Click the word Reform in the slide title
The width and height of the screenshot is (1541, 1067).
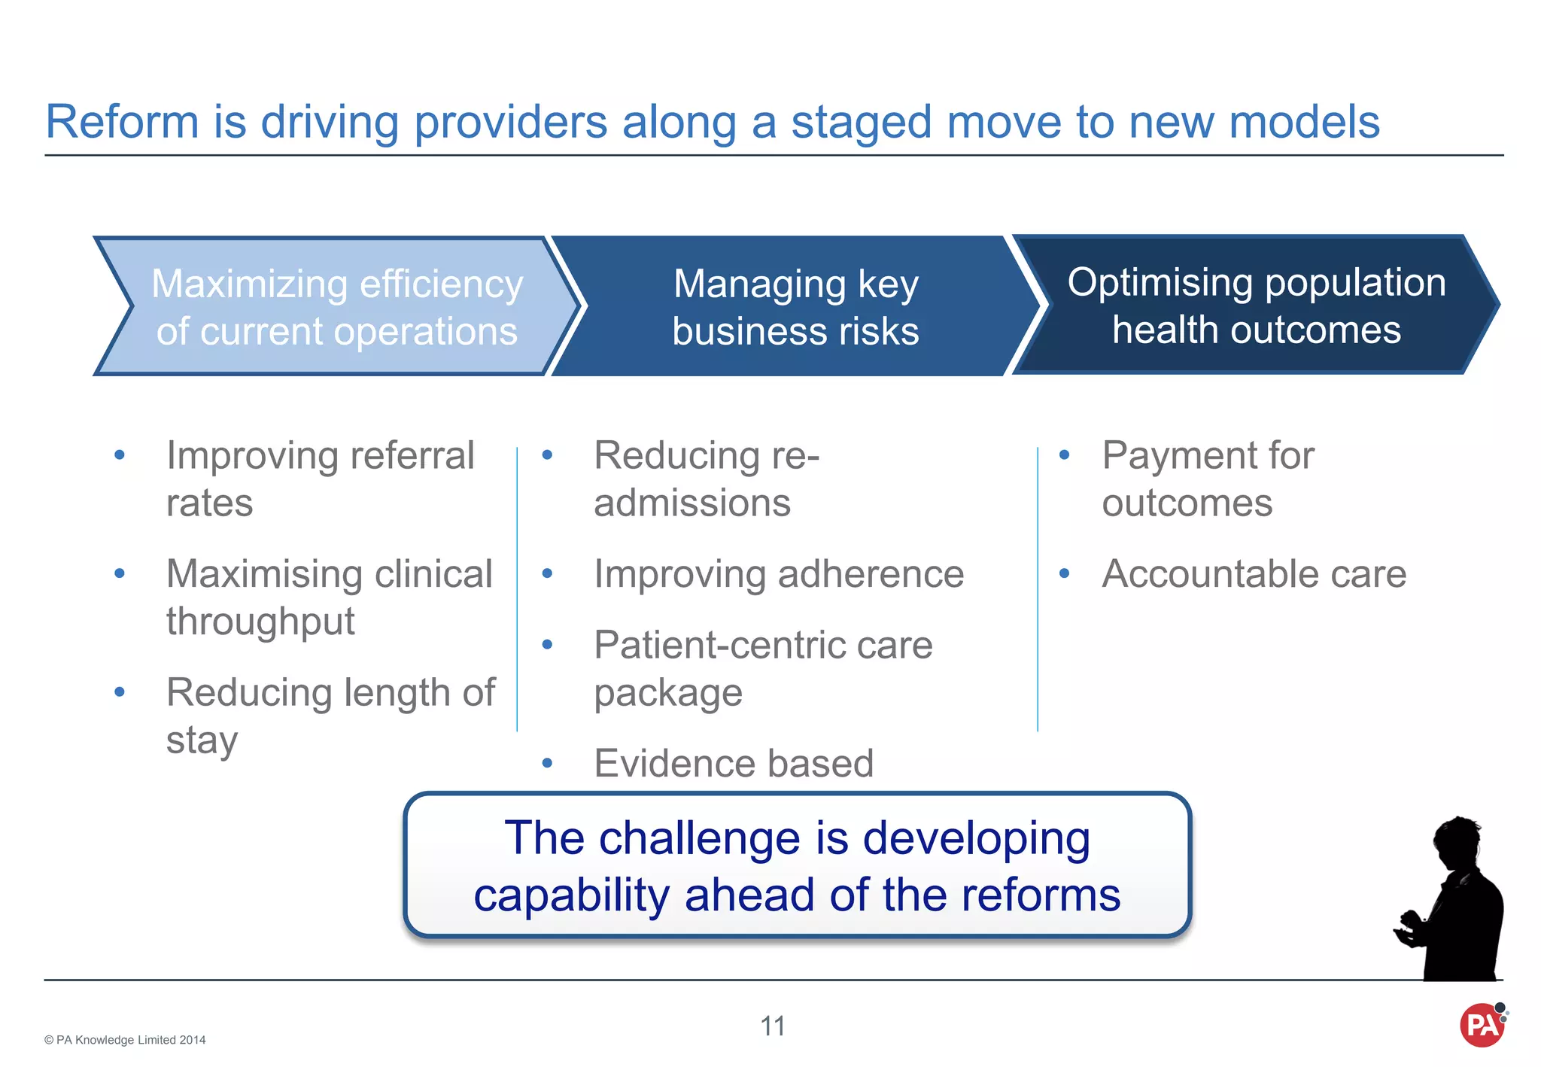click(122, 122)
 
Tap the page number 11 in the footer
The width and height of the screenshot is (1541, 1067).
click(773, 1026)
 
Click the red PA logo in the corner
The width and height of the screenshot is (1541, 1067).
click(1482, 1025)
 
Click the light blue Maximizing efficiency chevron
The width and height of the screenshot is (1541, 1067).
click(336, 306)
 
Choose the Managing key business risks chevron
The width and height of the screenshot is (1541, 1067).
click(795, 306)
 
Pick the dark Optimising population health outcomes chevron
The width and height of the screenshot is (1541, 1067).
click(1256, 305)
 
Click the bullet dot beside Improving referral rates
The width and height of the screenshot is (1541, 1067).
click(120, 454)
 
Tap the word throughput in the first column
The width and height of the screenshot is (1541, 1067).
click(260, 622)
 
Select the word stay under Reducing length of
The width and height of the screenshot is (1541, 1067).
click(202, 740)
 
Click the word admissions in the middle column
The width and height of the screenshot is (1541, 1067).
click(692, 503)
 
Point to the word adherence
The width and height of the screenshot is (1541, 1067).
click(871, 574)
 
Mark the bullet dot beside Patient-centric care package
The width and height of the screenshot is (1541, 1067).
click(547, 645)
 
